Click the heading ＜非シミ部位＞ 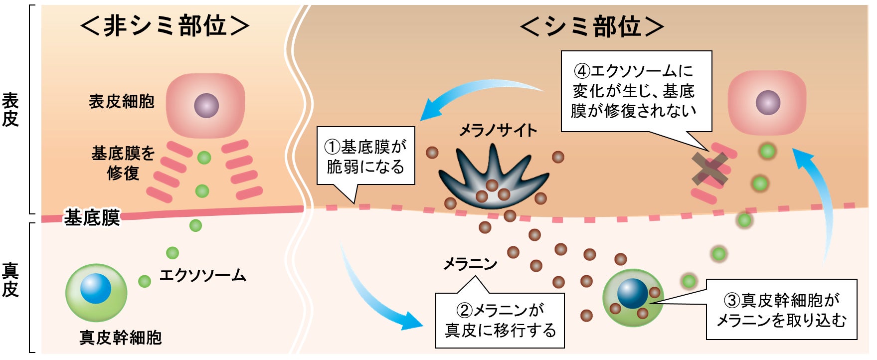pyautogui.click(x=165, y=26)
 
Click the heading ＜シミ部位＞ pyautogui.click(x=592, y=26)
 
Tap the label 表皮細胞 pyautogui.click(x=122, y=102)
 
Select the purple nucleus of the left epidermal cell pyautogui.click(x=206, y=106)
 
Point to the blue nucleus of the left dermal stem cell pyautogui.click(x=96, y=288)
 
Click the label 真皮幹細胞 pyautogui.click(x=121, y=338)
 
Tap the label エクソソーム pyautogui.click(x=202, y=275)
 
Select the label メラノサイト pyautogui.click(x=498, y=131)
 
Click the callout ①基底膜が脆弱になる pyautogui.click(x=365, y=156)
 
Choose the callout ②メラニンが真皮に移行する pyautogui.click(x=500, y=320)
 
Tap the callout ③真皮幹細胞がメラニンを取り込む pyautogui.click(x=781, y=310)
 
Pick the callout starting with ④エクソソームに pyautogui.click(x=636, y=91)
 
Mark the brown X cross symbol pyautogui.click(x=710, y=168)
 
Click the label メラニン pyautogui.click(x=470, y=263)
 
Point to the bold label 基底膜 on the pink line pyautogui.click(x=92, y=218)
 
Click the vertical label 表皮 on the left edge pyautogui.click(x=10, y=110)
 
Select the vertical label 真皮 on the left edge pyautogui.click(x=10, y=280)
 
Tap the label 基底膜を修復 pyautogui.click(x=123, y=163)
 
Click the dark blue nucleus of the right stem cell pyautogui.click(x=632, y=293)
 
